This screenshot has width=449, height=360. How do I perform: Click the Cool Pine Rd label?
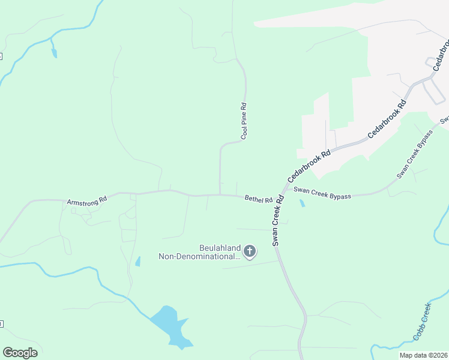(244, 121)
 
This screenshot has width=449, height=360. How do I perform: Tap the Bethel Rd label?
(259, 199)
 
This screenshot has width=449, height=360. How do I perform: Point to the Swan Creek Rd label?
(277, 219)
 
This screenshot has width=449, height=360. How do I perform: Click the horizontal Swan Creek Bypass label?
(322, 193)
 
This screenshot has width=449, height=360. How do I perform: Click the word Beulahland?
(219, 247)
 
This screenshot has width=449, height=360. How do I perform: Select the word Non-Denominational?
(198, 256)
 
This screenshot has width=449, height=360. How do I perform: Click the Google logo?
(20, 352)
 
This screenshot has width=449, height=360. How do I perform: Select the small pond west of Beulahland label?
(138, 262)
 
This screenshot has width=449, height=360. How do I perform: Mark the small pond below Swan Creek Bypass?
(301, 203)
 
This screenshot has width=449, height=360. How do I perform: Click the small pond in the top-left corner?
(54, 53)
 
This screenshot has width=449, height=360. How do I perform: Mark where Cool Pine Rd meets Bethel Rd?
(220, 194)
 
